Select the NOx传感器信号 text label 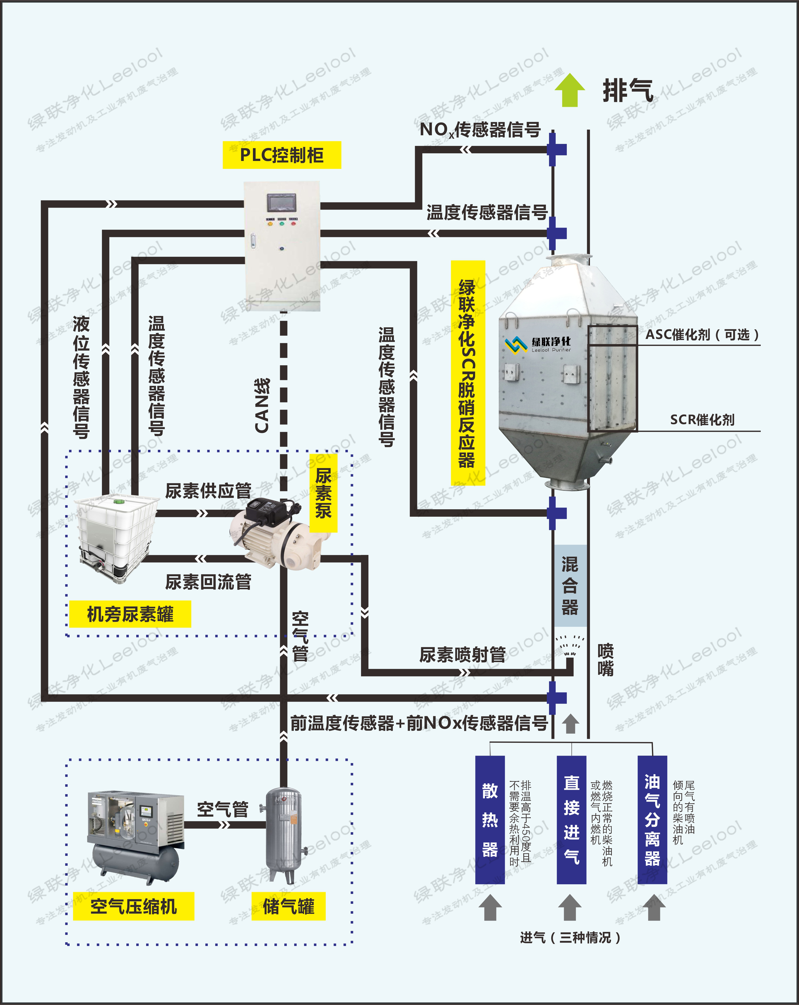(480, 130)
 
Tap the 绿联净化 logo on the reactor (538, 344)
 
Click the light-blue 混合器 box (570, 586)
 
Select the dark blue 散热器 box (490, 819)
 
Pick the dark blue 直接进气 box (571, 819)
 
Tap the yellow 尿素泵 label (323, 493)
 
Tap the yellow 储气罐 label (288, 907)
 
